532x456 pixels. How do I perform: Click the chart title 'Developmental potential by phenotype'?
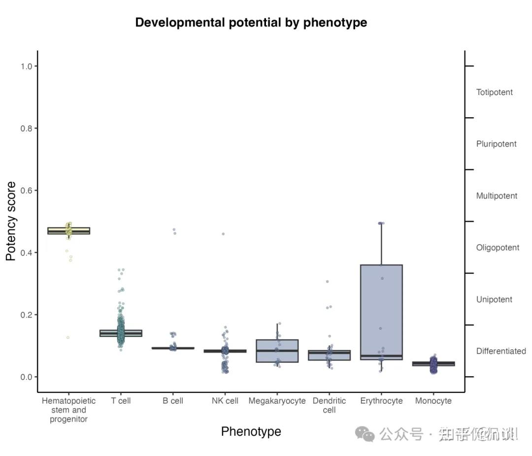(x=251, y=23)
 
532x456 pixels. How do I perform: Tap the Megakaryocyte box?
(x=277, y=351)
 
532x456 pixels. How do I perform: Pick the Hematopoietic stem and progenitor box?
(x=69, y=230)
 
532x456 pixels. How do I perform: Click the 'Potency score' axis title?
(x=11, y=221)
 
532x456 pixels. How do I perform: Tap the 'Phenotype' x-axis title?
(x=251, y=431)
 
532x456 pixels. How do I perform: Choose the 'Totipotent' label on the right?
(x=494, y=92)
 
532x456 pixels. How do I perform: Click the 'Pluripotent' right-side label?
(x=496, y=144)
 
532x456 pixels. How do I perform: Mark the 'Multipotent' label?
(x=497, y=196)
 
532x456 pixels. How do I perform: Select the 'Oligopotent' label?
(x=498, y=248)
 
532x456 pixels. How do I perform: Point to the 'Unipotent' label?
(x=494, y=299)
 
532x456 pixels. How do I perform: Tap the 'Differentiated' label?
(x=501, y=351)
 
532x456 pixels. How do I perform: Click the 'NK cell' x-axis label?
(x=225, y=401)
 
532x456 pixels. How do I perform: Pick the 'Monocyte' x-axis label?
(x=433, y=401)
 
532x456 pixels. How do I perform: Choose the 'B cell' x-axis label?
(x=173, y=401)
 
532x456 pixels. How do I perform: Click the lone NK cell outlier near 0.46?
(x=223, y=234)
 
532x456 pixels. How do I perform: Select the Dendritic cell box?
(x=329, y=355)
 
